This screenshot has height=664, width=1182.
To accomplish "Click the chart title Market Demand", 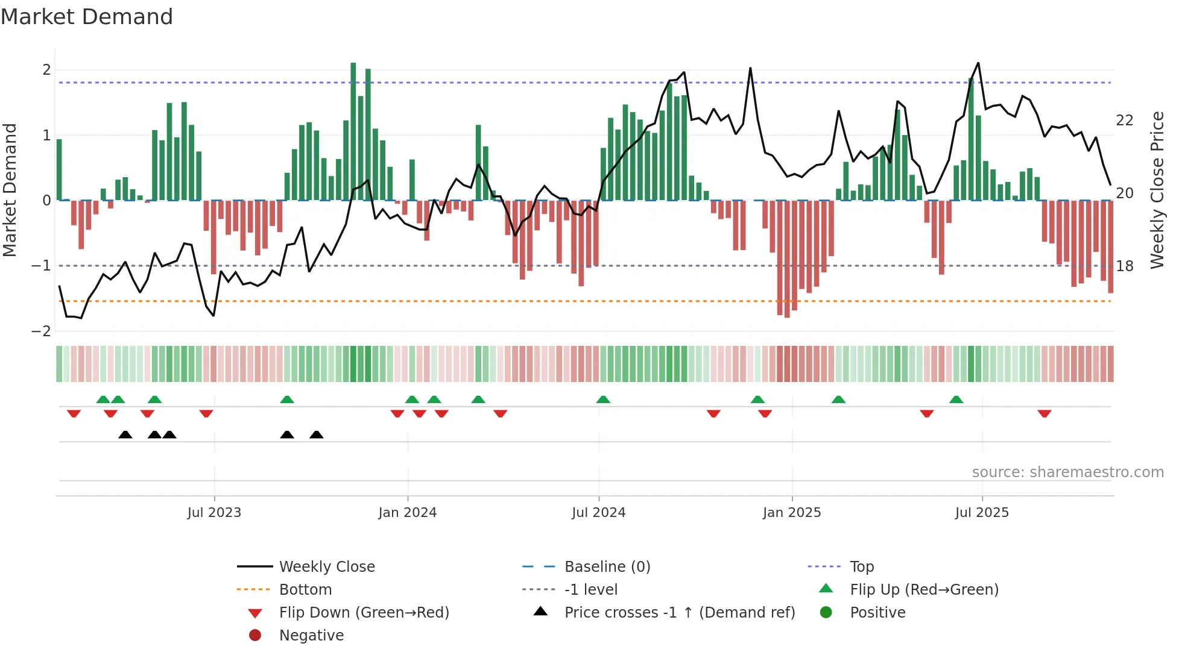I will pos(87,17).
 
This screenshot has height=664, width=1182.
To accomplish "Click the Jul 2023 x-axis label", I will pos(214,513).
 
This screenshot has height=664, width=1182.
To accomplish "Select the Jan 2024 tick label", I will pos(407,513).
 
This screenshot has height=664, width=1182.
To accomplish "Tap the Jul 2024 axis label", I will pos(598,513).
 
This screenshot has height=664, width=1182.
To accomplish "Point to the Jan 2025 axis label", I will pos(792,513).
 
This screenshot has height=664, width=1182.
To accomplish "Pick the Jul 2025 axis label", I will pos(982,513).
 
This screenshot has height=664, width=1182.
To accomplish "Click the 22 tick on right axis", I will pos(1124,121).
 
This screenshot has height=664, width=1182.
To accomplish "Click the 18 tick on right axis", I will pos(1124,266).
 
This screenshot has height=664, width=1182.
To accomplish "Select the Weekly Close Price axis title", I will pos(1157,190).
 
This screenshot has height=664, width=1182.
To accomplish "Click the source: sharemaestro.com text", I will pos(1067,472).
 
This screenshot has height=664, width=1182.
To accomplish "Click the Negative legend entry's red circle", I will pos(255,636).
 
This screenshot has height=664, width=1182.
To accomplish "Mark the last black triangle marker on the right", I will pos(317,434).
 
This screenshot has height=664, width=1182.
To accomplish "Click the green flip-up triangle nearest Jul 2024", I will pos(603,399).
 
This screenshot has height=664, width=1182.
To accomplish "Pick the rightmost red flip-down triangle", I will pos(1045,413).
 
